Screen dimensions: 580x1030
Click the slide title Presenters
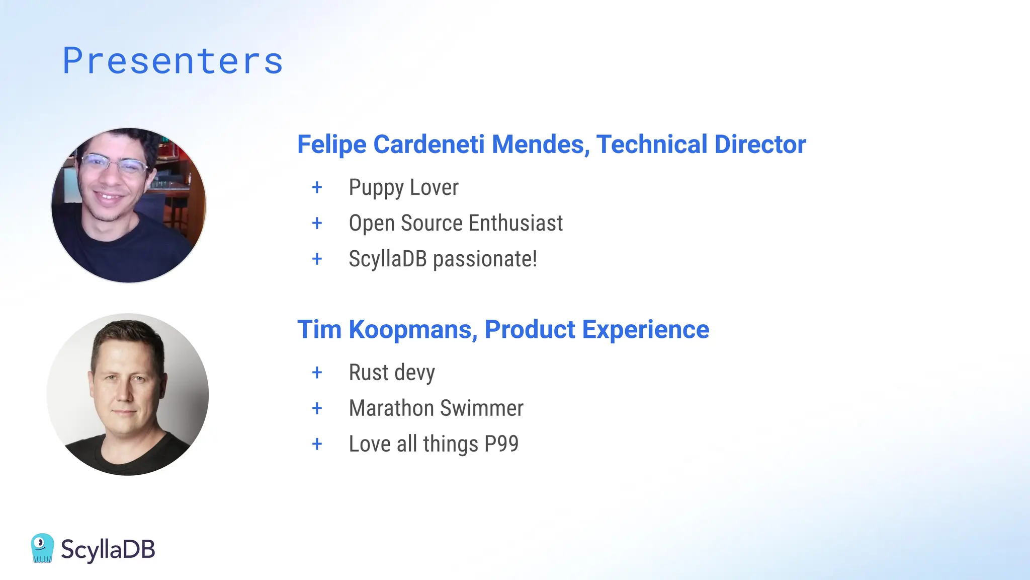173,61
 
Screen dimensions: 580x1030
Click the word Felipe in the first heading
332,144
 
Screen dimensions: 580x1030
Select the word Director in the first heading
760,144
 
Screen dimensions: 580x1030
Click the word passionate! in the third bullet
485,259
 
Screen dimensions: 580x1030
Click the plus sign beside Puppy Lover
317,187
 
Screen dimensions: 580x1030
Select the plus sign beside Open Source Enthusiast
317,223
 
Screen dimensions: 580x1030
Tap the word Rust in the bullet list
369,373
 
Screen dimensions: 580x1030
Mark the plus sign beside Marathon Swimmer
317,408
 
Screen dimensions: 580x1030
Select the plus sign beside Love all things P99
317,444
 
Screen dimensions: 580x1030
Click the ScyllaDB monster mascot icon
42,548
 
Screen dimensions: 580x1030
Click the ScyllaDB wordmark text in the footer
108,549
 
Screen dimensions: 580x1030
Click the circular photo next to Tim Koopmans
128,394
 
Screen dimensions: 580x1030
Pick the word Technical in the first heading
651,144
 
